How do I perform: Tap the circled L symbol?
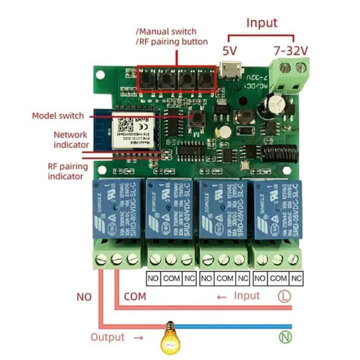pos(284,296)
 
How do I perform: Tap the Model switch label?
pos(58,115)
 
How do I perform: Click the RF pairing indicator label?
pos(65,171)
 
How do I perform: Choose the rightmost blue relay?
pos(277,209)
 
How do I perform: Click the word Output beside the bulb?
pos(107,337)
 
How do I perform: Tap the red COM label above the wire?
pos(134,296)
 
